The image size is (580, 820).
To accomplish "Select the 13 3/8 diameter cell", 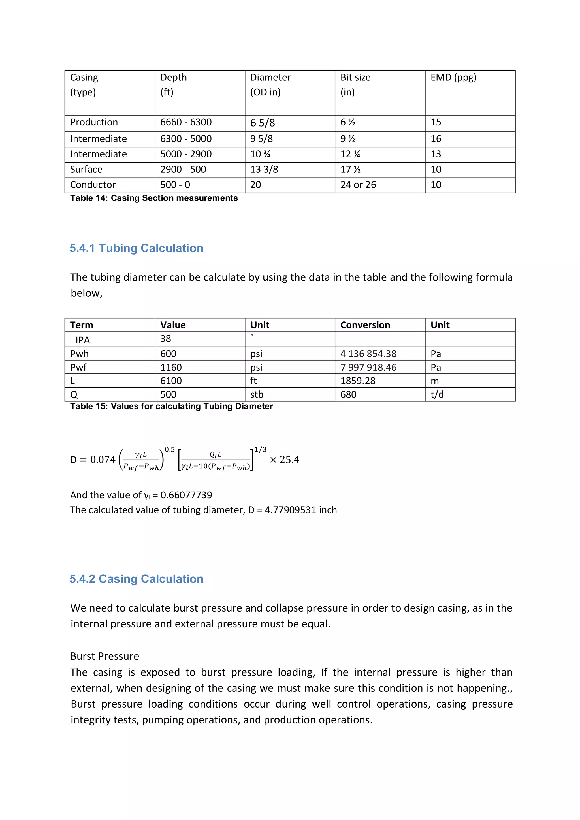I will point(264,170).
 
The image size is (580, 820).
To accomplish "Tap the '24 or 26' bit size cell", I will point(358,185).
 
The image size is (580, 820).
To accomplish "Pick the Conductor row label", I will point(93,185).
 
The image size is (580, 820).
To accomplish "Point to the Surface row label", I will point(86,170).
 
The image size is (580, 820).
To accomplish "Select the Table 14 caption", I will point(154,198).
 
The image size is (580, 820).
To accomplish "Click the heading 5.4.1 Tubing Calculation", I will point(137,248).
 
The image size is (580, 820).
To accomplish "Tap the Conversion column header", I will point(365,325).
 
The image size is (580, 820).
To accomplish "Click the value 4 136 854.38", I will point(368,354).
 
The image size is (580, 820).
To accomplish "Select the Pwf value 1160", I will point(171,368).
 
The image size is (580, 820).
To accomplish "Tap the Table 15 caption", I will point(171,406).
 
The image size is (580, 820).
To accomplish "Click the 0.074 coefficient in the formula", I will point(103,460).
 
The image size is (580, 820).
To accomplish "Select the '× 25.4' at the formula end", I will point(285,460).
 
